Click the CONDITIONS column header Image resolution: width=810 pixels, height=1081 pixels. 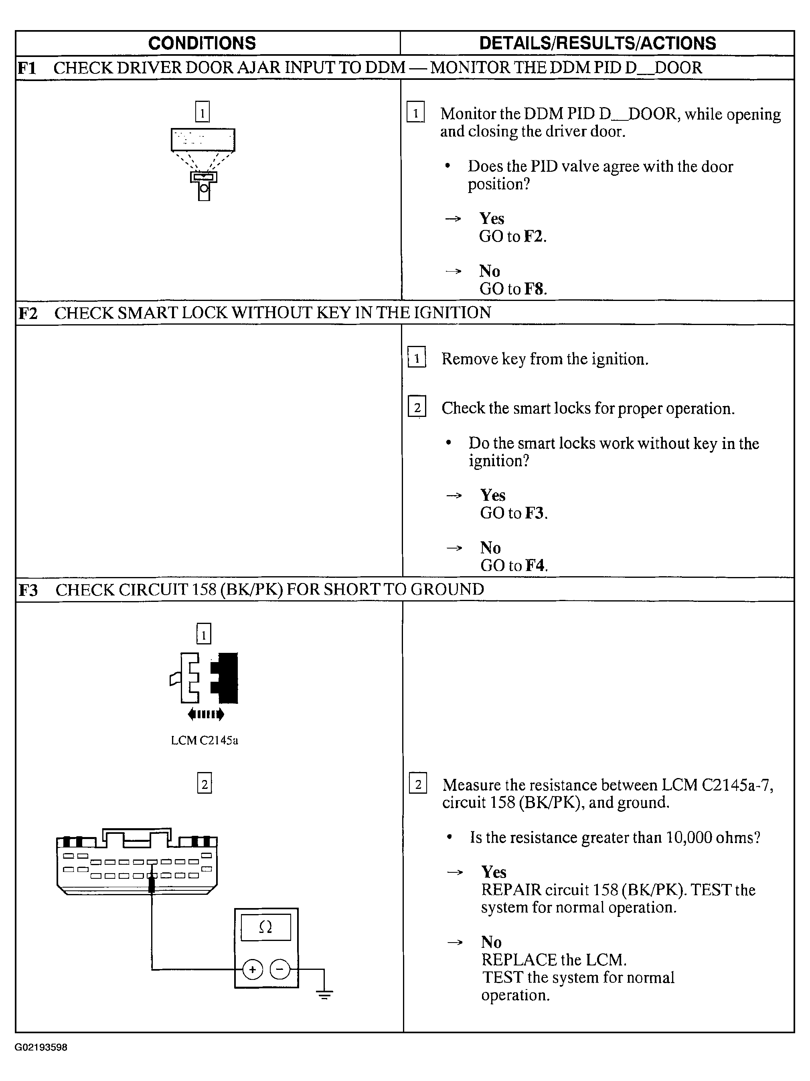(x=202, y=43)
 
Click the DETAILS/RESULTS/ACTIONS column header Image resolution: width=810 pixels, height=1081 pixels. (x=597, y=43)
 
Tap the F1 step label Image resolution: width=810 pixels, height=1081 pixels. (x=27, y=68)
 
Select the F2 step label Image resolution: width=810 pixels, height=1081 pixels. (x=28, y=313)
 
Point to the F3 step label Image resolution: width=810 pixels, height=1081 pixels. (x=28, y=590)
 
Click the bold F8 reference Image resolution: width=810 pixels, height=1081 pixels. (x=534, y=289)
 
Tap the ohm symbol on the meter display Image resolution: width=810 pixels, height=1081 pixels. (x=265, y=927)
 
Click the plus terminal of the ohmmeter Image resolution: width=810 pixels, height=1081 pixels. (x=252, y=969)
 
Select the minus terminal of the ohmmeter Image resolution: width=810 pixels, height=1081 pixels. (x=280, y=969)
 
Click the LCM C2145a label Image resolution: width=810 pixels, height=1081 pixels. (x=205, y=740)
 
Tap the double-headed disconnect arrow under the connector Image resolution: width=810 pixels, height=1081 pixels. (x=206, y=715)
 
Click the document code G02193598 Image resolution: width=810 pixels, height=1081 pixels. (x=41, y=1047)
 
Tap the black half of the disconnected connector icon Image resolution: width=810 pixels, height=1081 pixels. (x=226, y=678)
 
